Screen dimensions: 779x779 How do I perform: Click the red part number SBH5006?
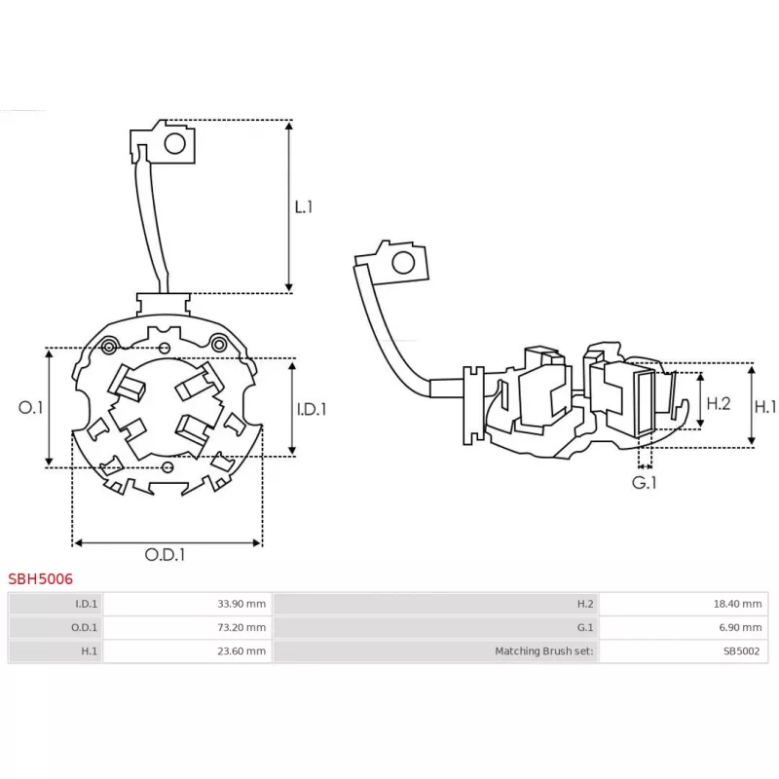tap(41, 578)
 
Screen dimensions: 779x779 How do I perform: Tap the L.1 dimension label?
tap(304, 206)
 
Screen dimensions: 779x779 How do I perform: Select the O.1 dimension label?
tap(31, 408)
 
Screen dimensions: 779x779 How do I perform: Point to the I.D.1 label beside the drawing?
tap(312, 409)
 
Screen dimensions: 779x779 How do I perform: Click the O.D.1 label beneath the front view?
tap(166, 554)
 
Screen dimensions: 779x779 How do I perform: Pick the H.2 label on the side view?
tap(719, 402)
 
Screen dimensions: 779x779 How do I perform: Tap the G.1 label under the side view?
tap(644, 482)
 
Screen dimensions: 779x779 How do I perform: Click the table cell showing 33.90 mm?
tap(241, 604)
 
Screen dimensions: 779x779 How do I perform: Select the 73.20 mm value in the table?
tap(241, 628)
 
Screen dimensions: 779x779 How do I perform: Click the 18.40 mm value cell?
tap(738, 604)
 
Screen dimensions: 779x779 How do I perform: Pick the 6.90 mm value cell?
tap(741, 628)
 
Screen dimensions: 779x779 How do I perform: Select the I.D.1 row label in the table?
tap(86, 604)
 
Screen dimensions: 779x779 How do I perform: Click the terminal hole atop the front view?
tap(175, 144)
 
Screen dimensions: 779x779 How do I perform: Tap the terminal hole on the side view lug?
tap(400, 262)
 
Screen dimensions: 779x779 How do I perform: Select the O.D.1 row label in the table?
tap(84, 628)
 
